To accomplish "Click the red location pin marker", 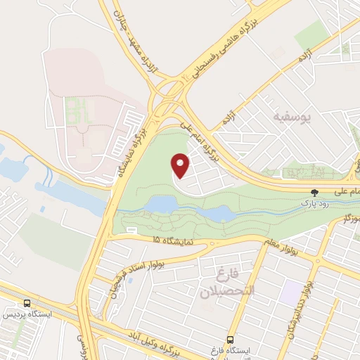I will pyautogui.click(x=181, y=166).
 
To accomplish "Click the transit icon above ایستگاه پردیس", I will pyautogui.click(x=27, y=303).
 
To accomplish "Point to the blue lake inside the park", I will pyautogui.click(x=160, y=205).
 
